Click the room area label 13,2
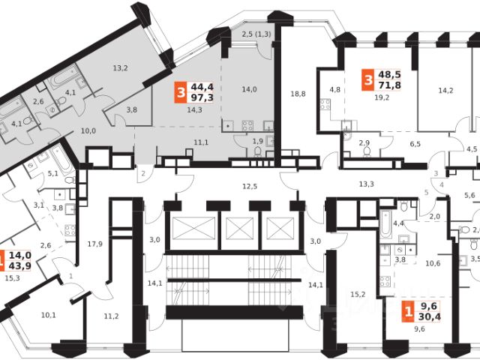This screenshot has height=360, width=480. (121, 69)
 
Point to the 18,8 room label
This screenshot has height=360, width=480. (298, 94)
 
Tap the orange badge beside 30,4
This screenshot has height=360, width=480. (409, 311)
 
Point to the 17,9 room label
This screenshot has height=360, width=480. (94, 243)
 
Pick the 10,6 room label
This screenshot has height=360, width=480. (433, 263)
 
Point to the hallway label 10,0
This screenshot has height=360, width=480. (88, 130)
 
